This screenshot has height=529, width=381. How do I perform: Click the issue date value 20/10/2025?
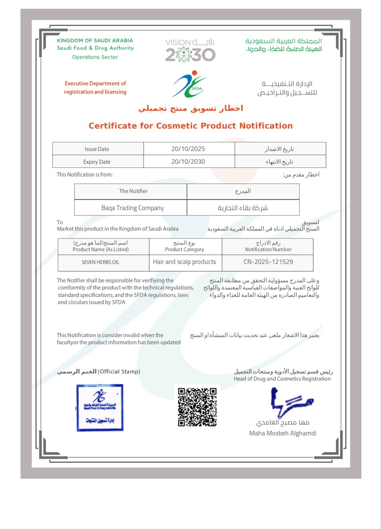tap(188, 149)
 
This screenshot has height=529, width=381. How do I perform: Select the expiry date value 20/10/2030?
tap(188, 162)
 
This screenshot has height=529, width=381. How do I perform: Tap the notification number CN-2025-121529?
tap(268, 262)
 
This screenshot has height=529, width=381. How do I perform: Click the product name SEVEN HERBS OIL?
tap(101, 262)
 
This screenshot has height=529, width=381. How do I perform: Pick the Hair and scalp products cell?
tap(185, 262)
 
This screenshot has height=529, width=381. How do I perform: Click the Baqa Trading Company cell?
tap(133, 208)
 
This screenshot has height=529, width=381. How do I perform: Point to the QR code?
tap(197, 407)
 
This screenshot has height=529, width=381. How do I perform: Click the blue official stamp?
tap(100, 408)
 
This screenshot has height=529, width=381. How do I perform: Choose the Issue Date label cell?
tap(97, 149)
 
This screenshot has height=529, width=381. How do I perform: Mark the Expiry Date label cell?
tap(97, 162)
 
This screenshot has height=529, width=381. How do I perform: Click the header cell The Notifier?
tap(133, 191)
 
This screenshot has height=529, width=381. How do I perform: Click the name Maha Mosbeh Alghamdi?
tap(283, 433)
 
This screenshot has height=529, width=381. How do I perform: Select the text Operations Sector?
tap(95, 57)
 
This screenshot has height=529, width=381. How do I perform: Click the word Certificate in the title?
tap(113, 126)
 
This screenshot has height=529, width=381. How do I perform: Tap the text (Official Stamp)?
tap(119, 372)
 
